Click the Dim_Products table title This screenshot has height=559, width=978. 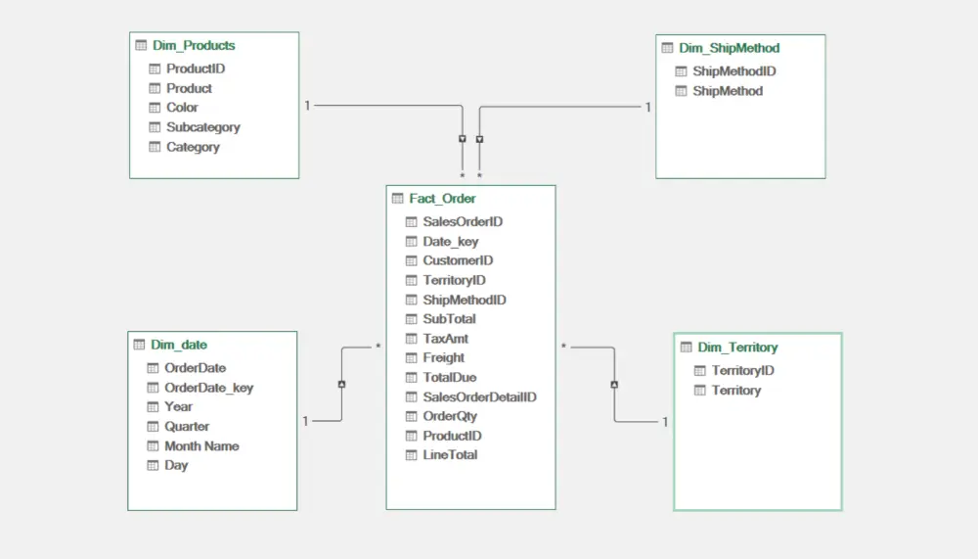(194, 46)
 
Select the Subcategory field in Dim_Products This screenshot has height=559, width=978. (202, 127)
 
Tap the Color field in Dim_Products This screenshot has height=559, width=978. (182, 108)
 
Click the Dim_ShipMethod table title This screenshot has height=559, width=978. (730, 48)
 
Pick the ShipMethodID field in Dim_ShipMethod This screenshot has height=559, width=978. (734, 71)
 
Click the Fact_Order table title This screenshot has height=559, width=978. (442, 199)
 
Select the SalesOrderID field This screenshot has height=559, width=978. (463, 221)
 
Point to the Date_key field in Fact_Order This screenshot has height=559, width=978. (450, 242)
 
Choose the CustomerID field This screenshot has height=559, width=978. (458, 260)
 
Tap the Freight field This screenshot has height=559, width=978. (443, 358)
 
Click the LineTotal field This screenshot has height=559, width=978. (450, 455)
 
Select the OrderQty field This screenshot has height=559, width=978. (450, 416)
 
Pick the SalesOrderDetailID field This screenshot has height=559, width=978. (479, 397)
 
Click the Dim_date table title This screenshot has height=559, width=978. (179, 345)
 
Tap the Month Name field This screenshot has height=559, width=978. (201, 446)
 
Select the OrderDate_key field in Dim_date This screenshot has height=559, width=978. (208, 388)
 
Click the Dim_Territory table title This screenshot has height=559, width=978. (737, 348)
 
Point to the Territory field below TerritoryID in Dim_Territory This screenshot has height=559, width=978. (736, 391)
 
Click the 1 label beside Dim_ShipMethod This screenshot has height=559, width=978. (648, 108)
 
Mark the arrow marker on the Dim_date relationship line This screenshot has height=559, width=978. (341, 384)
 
